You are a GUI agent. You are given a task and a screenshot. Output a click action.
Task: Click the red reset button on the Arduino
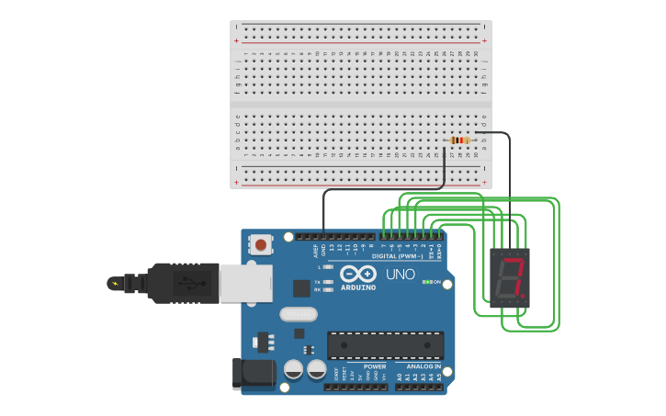coord(261,245)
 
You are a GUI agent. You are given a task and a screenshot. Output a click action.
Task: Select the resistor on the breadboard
coord(459,140)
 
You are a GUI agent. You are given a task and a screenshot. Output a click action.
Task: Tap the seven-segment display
coord(510,276)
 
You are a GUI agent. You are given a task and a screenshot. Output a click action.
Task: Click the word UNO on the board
coord(400,274)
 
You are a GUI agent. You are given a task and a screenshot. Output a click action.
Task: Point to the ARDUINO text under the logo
coord(357,287)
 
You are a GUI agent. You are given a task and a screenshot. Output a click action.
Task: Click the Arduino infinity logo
coord(357,274)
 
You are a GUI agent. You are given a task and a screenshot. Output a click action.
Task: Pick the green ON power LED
coord(426,282)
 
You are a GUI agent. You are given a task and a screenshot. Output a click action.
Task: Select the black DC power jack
coord(254,372)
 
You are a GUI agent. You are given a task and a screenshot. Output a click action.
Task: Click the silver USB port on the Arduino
coord(246,283)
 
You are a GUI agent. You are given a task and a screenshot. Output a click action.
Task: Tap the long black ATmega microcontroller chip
coord(386,344)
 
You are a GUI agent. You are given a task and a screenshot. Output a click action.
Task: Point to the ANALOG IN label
coord(424,366)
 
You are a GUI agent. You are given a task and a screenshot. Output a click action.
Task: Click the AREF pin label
coord(315,249)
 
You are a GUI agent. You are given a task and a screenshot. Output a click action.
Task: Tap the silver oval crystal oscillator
coord(299,314)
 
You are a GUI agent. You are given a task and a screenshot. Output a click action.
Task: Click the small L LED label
coord(319,267)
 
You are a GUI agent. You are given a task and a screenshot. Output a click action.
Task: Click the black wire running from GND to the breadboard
coord(386,189)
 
